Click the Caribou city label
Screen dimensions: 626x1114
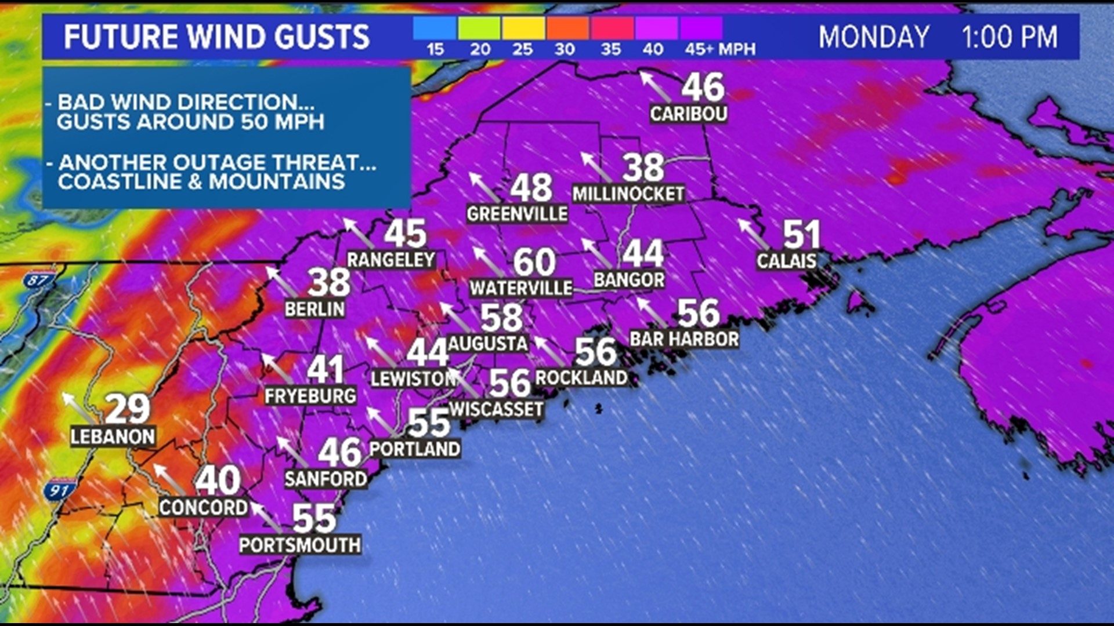tap(688, 114)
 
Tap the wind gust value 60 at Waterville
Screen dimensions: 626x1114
tap(534, 262)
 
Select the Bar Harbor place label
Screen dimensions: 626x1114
tap(684, 339)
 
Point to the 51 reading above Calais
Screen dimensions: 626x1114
tap(802, 235)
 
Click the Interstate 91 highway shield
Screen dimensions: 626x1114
tap(59, 490)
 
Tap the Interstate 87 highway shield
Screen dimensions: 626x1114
tap(39, 281)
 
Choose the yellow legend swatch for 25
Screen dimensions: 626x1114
tap(523, 28)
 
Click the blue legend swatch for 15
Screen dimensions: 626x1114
tap(435, 28)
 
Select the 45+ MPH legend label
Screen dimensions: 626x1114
tap(719, 50)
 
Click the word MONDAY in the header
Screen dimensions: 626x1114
tap(874, 37)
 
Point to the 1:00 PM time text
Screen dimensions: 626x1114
tap(1010, 37)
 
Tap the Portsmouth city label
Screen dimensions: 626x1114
tap(300, 545)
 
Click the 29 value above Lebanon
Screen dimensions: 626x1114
tap(128, 409)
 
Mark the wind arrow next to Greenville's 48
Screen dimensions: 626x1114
tap(485, 187)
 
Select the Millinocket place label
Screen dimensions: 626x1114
tap(628, 194)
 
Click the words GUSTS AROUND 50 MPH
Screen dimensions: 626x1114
tap(190, 122)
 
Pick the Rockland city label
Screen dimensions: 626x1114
tap(581, 378)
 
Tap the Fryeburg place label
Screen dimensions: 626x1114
tap(310, 396)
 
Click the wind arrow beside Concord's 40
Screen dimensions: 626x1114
tap(169, 479)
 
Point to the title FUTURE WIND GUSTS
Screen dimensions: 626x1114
tap(216, 37)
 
